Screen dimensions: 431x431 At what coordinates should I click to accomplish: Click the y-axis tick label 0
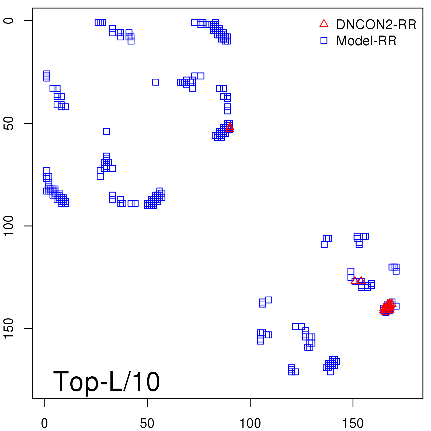(9, 20)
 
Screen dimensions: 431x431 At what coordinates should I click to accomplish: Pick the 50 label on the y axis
(9, 123)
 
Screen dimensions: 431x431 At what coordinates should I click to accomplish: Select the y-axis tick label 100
(9, 226)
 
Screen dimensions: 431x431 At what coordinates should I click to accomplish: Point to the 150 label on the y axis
(9, 329)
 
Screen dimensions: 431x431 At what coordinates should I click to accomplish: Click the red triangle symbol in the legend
(324, 24)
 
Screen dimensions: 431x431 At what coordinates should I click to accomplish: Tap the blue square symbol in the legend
(324, 40)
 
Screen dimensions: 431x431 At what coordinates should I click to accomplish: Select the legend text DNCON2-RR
(376, 25)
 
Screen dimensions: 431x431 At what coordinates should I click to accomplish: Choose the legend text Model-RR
(366, 41)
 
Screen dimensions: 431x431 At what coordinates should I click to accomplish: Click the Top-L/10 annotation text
(106, 381)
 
